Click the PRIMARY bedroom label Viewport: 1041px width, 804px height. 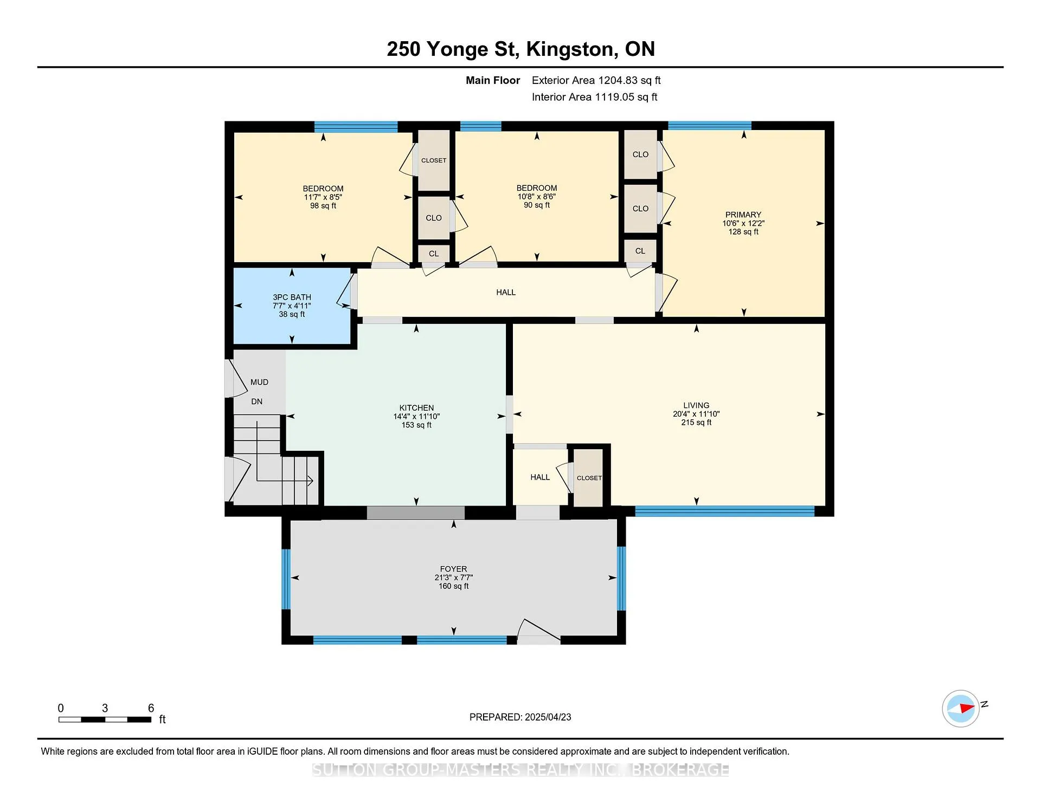(743, 215)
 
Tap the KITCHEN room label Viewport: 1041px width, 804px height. (416, 408)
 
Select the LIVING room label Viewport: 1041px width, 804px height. (696, 405)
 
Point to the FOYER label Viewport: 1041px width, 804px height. (453, 569)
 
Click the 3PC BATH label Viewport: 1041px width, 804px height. (292, 297)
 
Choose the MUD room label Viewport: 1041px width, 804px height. (259, 382)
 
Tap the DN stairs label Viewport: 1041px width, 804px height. (256, 401)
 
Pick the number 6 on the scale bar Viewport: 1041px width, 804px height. (151, 708)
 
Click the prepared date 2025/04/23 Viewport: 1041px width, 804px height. (548, 717)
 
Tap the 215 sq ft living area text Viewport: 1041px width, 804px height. (696, 423)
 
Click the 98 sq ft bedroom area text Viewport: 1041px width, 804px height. (323, 206)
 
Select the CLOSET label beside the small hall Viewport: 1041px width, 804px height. (589, 478)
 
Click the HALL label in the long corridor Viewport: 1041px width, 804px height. (506, 293)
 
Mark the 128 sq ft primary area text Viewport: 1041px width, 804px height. (743, 232)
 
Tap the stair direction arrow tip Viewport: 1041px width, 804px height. (313, 481)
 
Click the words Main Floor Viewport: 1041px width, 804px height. (493, 80)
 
